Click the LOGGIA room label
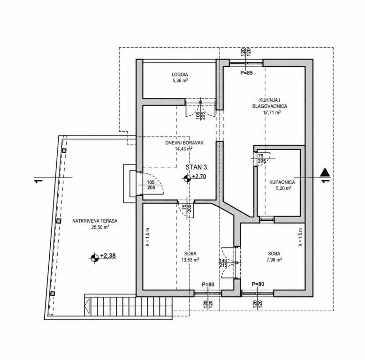pos(180,75)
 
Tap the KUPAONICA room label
pos(282,182)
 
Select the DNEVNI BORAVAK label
pos(184,142)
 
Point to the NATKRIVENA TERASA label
pos(95,221)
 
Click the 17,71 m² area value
pos(272,112)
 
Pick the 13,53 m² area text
pos(190,260)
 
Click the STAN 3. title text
pos(197,167)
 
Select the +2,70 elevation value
pos(199,177)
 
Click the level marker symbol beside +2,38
pos(95,258)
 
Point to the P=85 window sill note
pos(246,73)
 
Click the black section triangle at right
pos(325,172)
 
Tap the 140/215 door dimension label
pos(223,263)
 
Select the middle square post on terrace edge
pos(59,221)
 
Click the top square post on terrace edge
pos(64,150)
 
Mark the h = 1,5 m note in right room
pos(301,237)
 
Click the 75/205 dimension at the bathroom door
pos(262,158)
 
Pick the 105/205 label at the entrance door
pos(151,185)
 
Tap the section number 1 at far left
pos(39,181)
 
